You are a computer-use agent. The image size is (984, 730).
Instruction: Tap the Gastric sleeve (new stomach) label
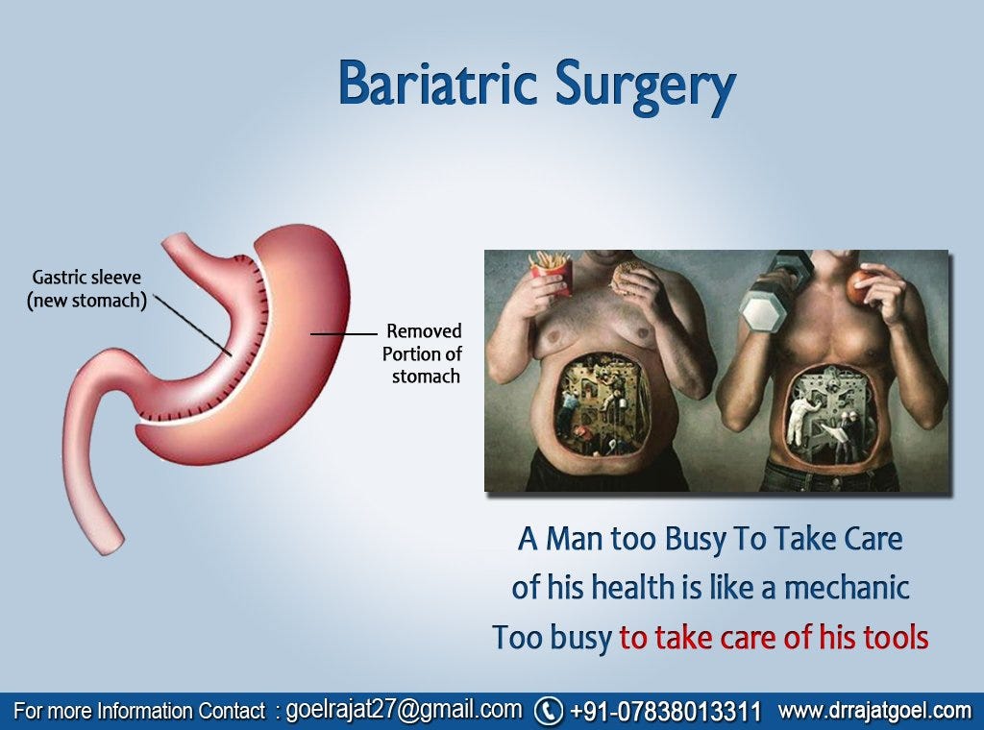click(86, 288)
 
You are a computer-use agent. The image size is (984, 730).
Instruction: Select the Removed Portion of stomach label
click(423, 353)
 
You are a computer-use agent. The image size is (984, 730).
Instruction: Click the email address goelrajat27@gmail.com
click(404, 710)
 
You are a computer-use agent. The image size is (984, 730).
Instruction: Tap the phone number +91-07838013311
click(665, 712)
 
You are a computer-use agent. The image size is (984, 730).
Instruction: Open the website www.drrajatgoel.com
click(874, 711)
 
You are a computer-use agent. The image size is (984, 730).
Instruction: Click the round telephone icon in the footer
click(548, 711)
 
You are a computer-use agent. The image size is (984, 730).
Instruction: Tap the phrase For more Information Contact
click(139, 712)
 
